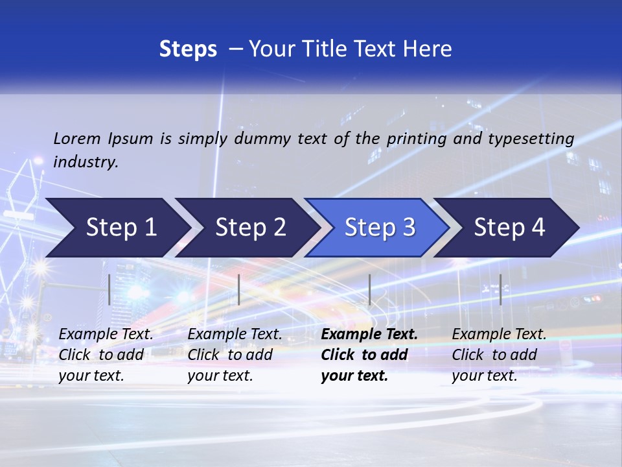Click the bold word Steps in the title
(x=188, y=49)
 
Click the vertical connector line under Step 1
(x=109, y=289)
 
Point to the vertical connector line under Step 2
(x=239, y=289)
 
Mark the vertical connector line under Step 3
(x=369, y=289)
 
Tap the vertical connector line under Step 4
(x=500, y=289)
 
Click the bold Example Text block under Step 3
(x=369, y=355)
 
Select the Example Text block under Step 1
(x=106, y=355)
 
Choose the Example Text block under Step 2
(x=235, y=355)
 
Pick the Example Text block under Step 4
(x=499, y=355)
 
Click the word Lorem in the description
(x=77, y=138)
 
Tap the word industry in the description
(x=86, y=162)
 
